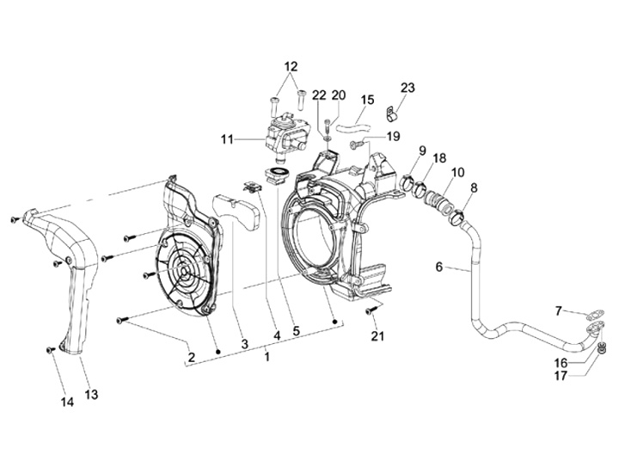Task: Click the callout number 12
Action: pos(291,66)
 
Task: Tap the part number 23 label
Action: pos(408,87)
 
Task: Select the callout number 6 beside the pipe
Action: pos(439,267)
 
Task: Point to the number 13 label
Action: pos(91,394)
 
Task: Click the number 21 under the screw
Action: pos(377,335)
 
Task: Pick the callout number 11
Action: pos(227,139)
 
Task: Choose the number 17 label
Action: pos(561,376)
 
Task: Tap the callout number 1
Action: pos(267,357)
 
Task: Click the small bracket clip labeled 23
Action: pos(391,114)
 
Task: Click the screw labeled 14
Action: pos(50,349)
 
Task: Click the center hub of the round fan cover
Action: pos(186,273)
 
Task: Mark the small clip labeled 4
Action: pos(251,187)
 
